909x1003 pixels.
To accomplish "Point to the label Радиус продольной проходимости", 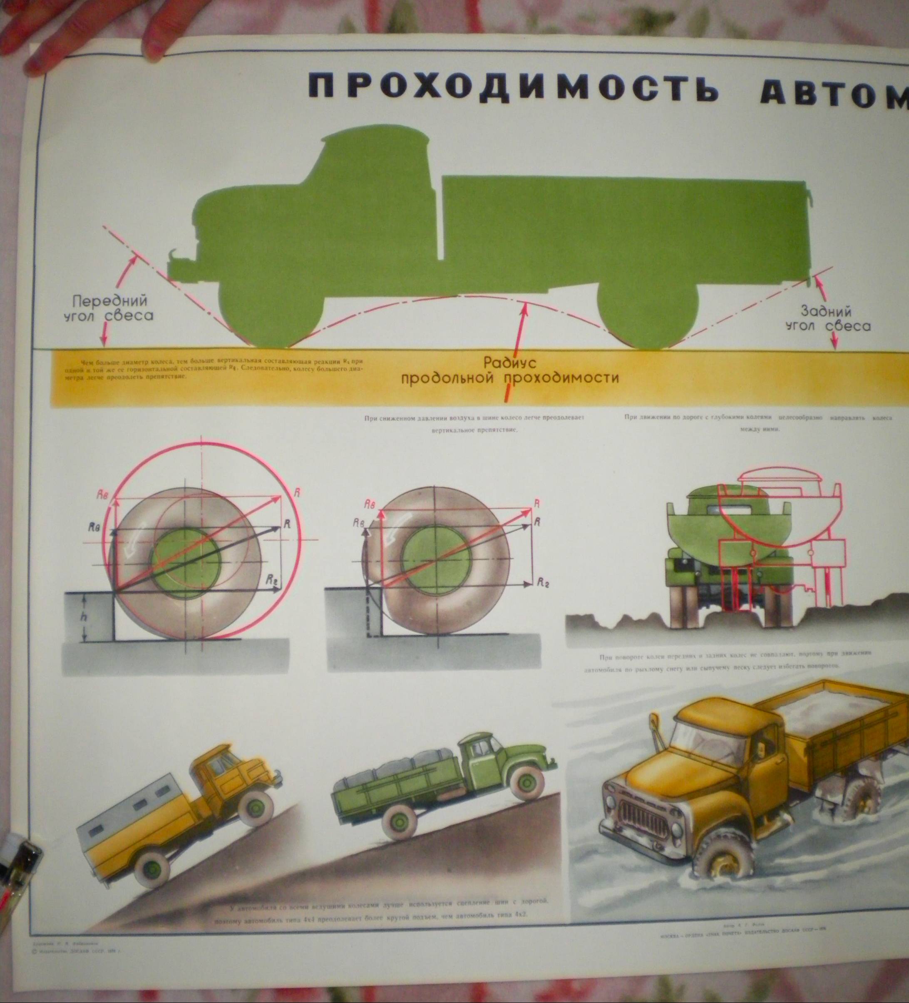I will [x=510, y=371].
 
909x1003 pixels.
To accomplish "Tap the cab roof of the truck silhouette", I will [x=373, y=134].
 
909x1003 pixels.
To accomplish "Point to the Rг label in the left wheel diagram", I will [x=272, y=578].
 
